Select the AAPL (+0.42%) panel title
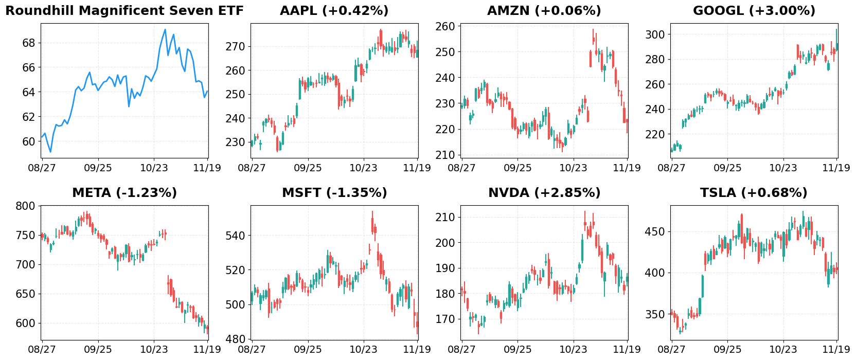tap(334, 11)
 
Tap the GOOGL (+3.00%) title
tap(754, 11)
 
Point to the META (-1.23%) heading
tap(124, 193)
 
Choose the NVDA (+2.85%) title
tap(544, 193)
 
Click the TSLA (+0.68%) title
tap(754, 193)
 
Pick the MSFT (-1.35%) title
tap(334, 193)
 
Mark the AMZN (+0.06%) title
tap(544, 11)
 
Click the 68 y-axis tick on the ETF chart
tap(29, 43)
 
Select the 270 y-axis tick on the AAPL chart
tap(235, 47)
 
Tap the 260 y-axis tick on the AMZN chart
tap(445, 26)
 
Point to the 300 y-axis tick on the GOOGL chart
tap(655, 34)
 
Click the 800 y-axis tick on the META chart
tap(26, 206)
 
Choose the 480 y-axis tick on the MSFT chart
tap(235, 339)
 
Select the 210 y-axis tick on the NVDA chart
tap(445, 218)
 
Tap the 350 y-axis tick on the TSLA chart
tap(655, 314)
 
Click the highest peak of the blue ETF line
tap(165, 29)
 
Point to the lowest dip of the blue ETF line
tap(50, 152)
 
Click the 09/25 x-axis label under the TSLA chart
tap(727, 349)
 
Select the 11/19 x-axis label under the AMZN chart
tap(627, 168)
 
